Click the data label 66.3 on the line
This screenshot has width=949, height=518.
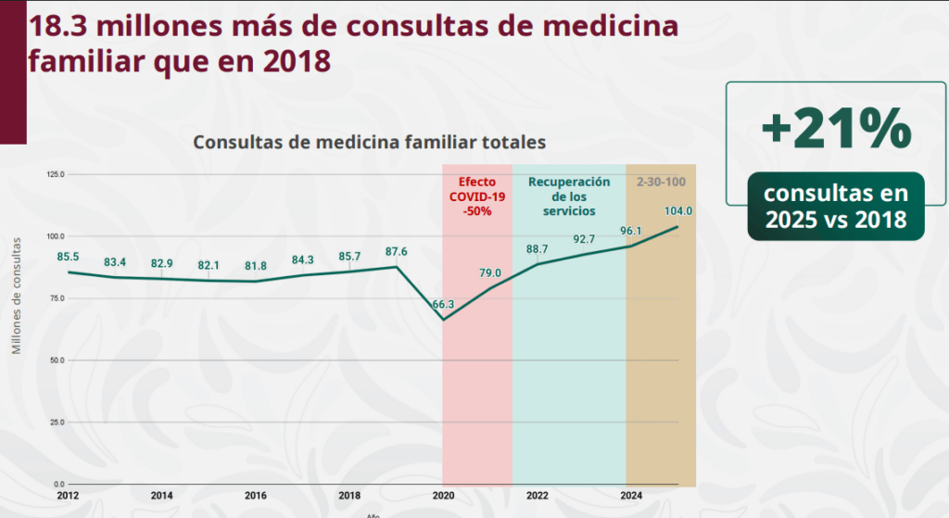tap(443, 304)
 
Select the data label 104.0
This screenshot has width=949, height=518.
tap(678, 211)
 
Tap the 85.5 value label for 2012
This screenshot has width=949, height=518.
tap(68, 256)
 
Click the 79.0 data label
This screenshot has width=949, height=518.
tap(489, 272)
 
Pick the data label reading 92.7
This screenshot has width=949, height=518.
tap(584, 239)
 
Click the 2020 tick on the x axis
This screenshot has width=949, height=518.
tap(443, 495)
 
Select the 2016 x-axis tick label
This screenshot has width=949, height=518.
tap(256, 495)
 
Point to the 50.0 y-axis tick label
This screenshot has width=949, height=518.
tap(57, 360)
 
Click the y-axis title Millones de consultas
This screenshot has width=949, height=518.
tap(16, 296)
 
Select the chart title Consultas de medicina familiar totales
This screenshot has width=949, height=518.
tap(369, 143)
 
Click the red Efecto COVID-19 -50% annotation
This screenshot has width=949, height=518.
tap(477, 196)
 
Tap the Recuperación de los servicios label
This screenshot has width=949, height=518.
tap(569, 196)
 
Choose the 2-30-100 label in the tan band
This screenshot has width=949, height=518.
tap(661, 182)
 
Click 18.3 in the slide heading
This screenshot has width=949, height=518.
tap(64, 25)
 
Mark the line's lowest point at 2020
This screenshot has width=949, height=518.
tap(444, 320)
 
